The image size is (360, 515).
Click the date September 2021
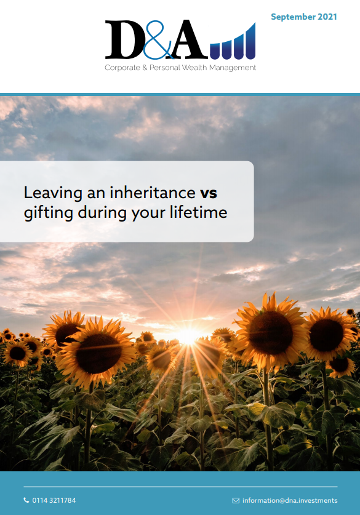(304, 17)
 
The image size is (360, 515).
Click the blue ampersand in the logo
(158, 40)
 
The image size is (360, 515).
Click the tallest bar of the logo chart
(250, 41)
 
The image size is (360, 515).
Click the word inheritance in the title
(153, 192)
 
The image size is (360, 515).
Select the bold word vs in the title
(209, 193)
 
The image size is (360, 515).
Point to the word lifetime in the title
(198, 212)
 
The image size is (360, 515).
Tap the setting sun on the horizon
(188, 336)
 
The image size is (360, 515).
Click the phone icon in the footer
(26, 500)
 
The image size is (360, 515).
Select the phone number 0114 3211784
(54, 500)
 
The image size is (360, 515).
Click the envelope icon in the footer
(236, 501)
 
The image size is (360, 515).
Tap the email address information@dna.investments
(290, 500)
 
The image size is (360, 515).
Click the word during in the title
(102, 213)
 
